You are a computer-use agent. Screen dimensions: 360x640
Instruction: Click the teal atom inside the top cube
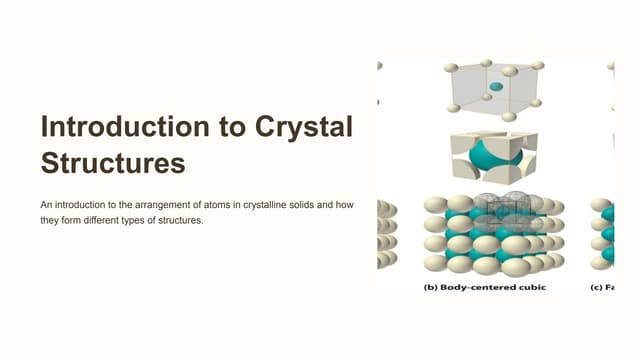(x=496, y=88)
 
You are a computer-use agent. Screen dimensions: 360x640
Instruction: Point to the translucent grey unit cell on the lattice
(x=501, y=211)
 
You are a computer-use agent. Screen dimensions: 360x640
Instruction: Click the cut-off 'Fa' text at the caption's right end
(x=608, y=286)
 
